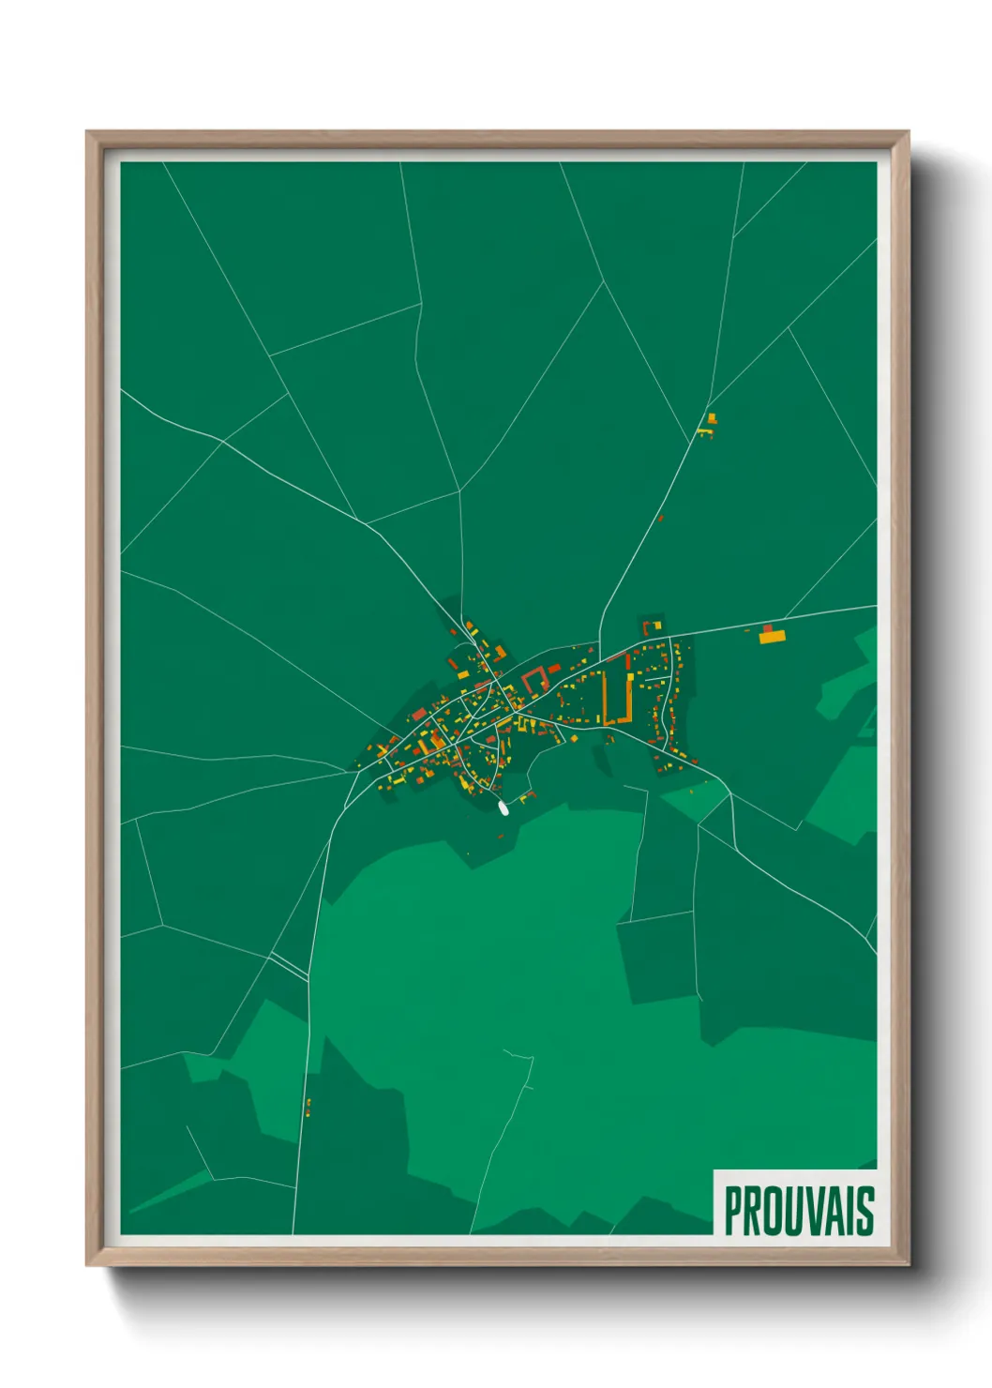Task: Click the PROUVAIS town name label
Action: [x=799, y=1211]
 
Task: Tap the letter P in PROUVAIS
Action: [x=732, y=1211]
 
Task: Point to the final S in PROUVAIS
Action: [x=865, y=1211]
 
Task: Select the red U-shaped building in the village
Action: [x=536, y=677]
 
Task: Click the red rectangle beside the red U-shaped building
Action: [x=554, y=669]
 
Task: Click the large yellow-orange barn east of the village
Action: [x=772, y=637]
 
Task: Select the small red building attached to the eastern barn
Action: [x=768, y=627]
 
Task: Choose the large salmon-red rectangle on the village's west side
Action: [x=418, y=715]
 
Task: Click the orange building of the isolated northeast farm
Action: [x=712, y=417]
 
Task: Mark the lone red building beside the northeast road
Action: [x=661, y=517]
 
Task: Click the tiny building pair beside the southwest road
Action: [x=308, y=1108]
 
